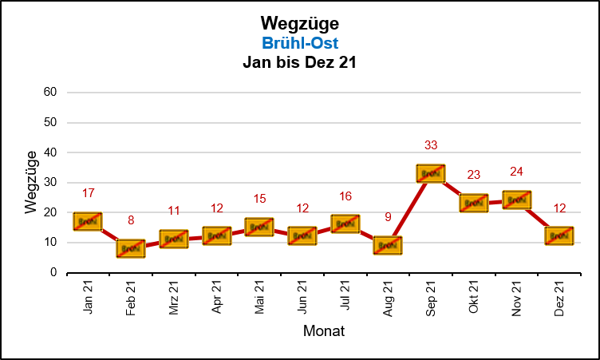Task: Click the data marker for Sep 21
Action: [x=430, y=173]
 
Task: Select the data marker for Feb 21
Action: [x=131, y=248]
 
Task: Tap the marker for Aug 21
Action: [x=387, y=245]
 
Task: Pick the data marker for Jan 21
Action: [x=88, y=221]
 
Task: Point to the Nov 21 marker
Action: [x=516, y=200]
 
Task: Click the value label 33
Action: [x=431, y=145]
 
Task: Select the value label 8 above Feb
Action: [x=131, y=220]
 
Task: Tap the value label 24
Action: [x=516, y=172]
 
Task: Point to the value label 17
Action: [x=89, y=193]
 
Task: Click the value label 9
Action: [x=388, y=216]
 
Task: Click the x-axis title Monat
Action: [x=323, y=330]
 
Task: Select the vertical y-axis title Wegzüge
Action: [x=30, y=181]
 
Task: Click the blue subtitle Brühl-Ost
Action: [x=299, y=43]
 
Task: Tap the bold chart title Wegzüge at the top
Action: [x=299, y=24]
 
